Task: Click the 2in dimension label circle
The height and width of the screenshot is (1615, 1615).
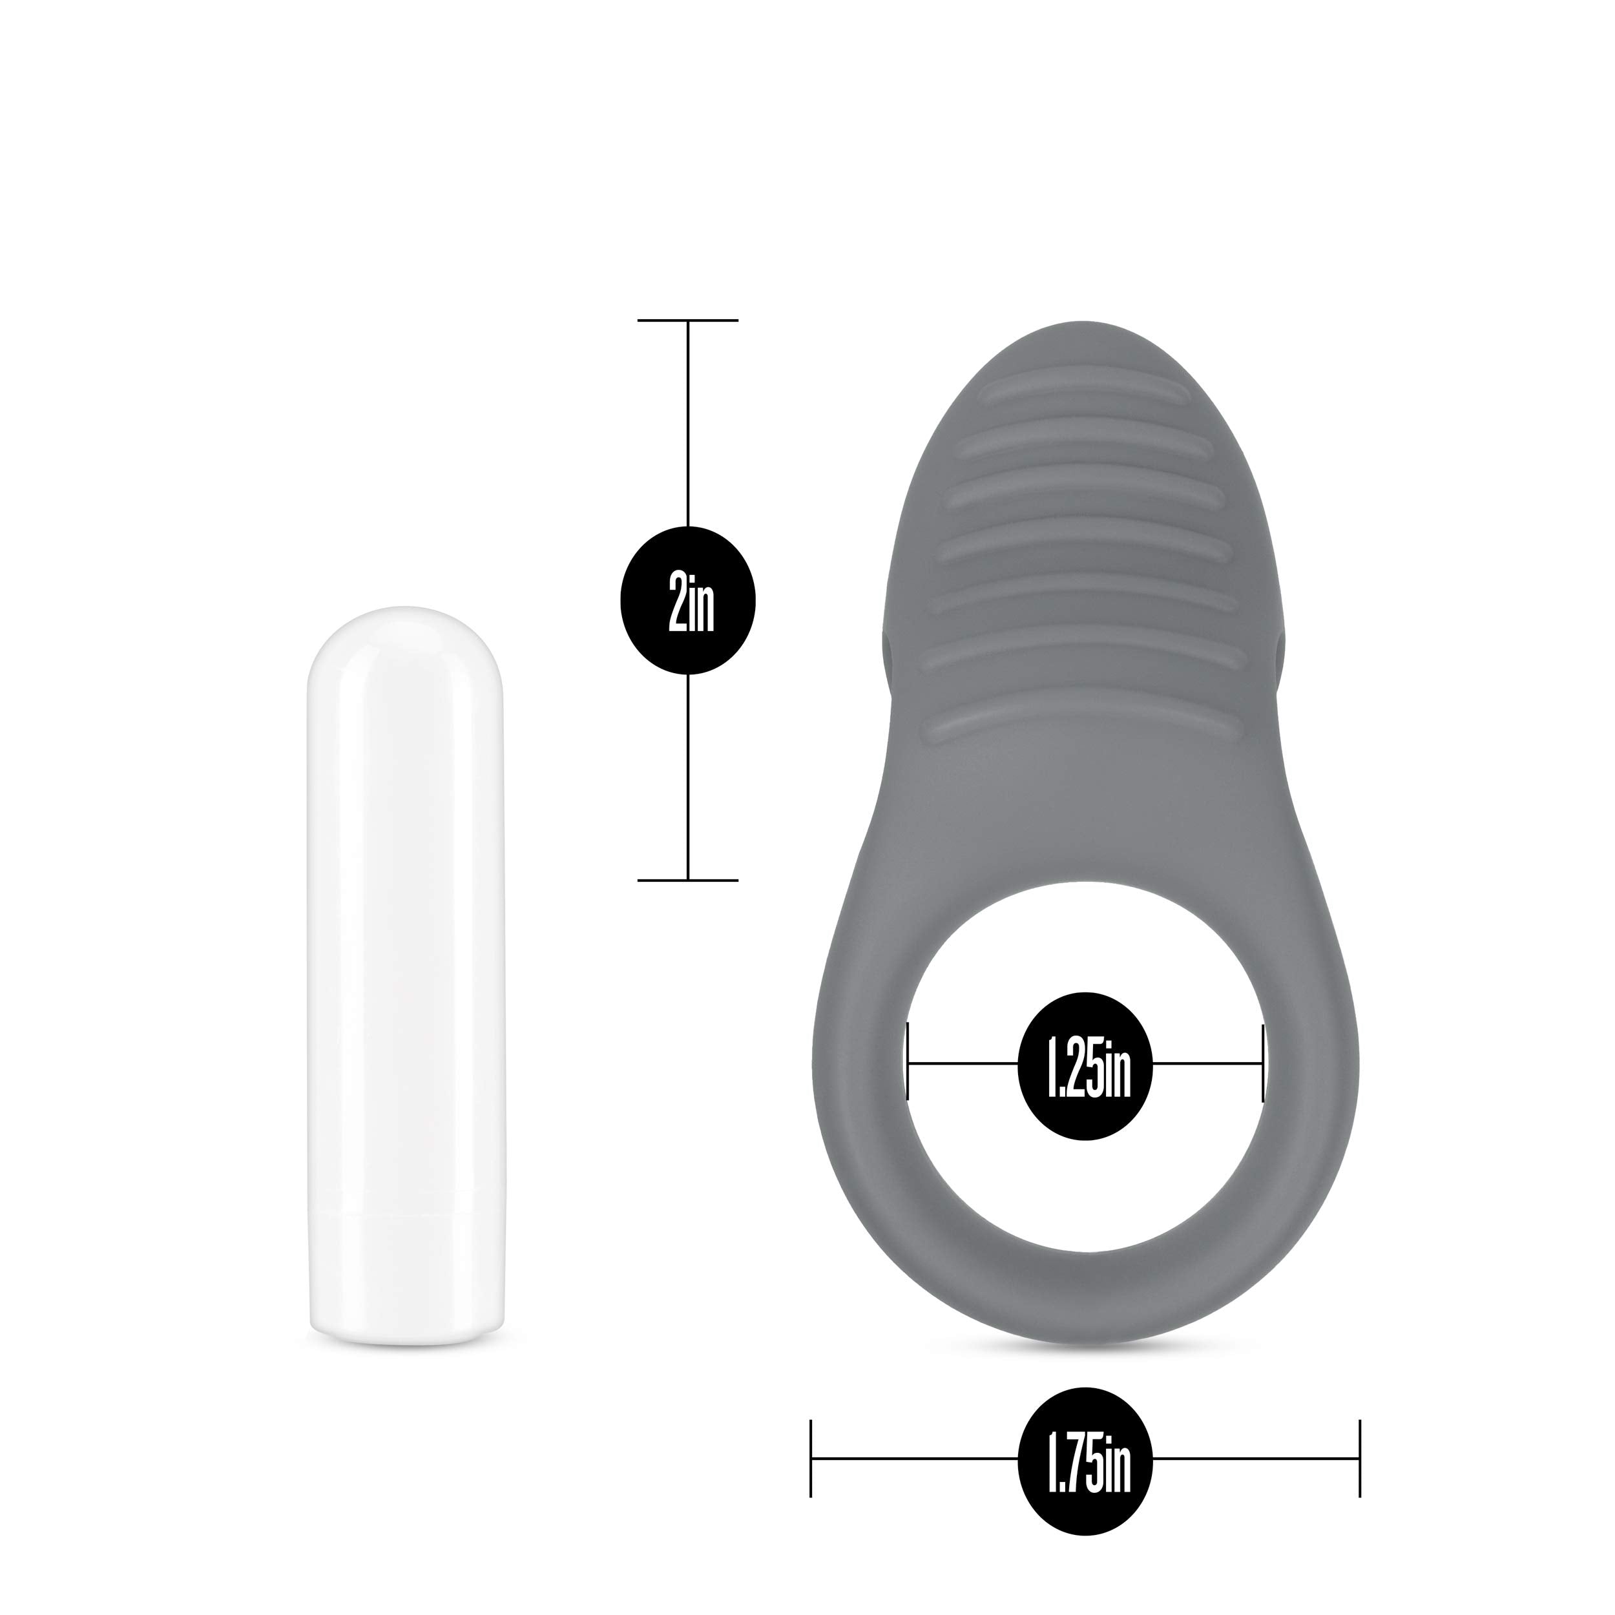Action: [x=687, y=600]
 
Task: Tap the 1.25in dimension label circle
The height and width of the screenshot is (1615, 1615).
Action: [x=1085, y=1066]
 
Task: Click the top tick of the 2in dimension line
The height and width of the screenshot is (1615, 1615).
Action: [x=687, y=320]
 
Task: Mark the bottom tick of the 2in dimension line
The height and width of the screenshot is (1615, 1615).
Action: [x=687, y=880]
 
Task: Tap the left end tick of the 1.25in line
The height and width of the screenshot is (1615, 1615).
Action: [x=907, y=1063]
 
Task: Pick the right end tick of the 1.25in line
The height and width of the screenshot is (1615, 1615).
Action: [x=1262, y=1063]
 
